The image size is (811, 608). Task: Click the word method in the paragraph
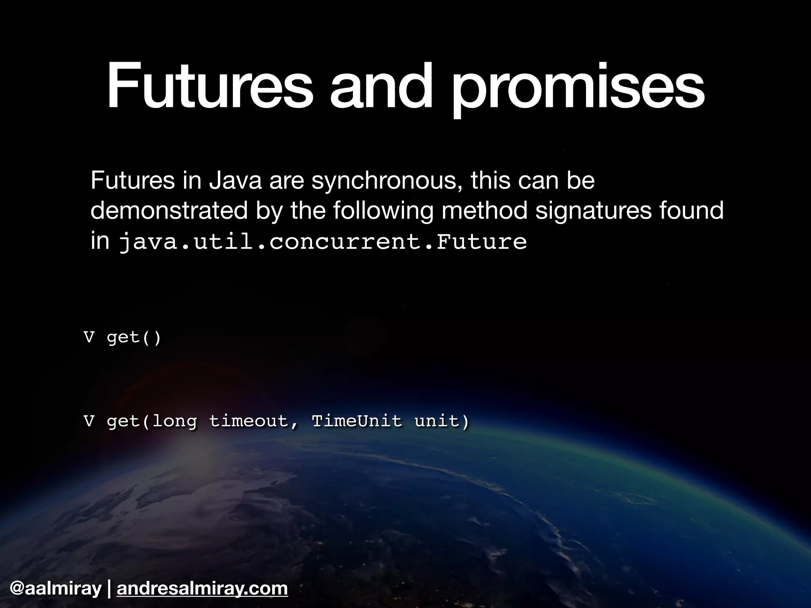point(484,210)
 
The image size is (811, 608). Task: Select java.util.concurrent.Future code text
point(323,241)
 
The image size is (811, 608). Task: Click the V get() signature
point(122,338)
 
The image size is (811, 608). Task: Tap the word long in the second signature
point(174,421)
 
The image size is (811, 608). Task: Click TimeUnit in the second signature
point(357,420)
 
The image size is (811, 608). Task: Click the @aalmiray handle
point(56,588)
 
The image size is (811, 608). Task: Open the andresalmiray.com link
point(202,589)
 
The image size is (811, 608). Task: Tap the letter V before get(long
point(89,421)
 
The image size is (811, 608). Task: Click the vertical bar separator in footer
point(109,589)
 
